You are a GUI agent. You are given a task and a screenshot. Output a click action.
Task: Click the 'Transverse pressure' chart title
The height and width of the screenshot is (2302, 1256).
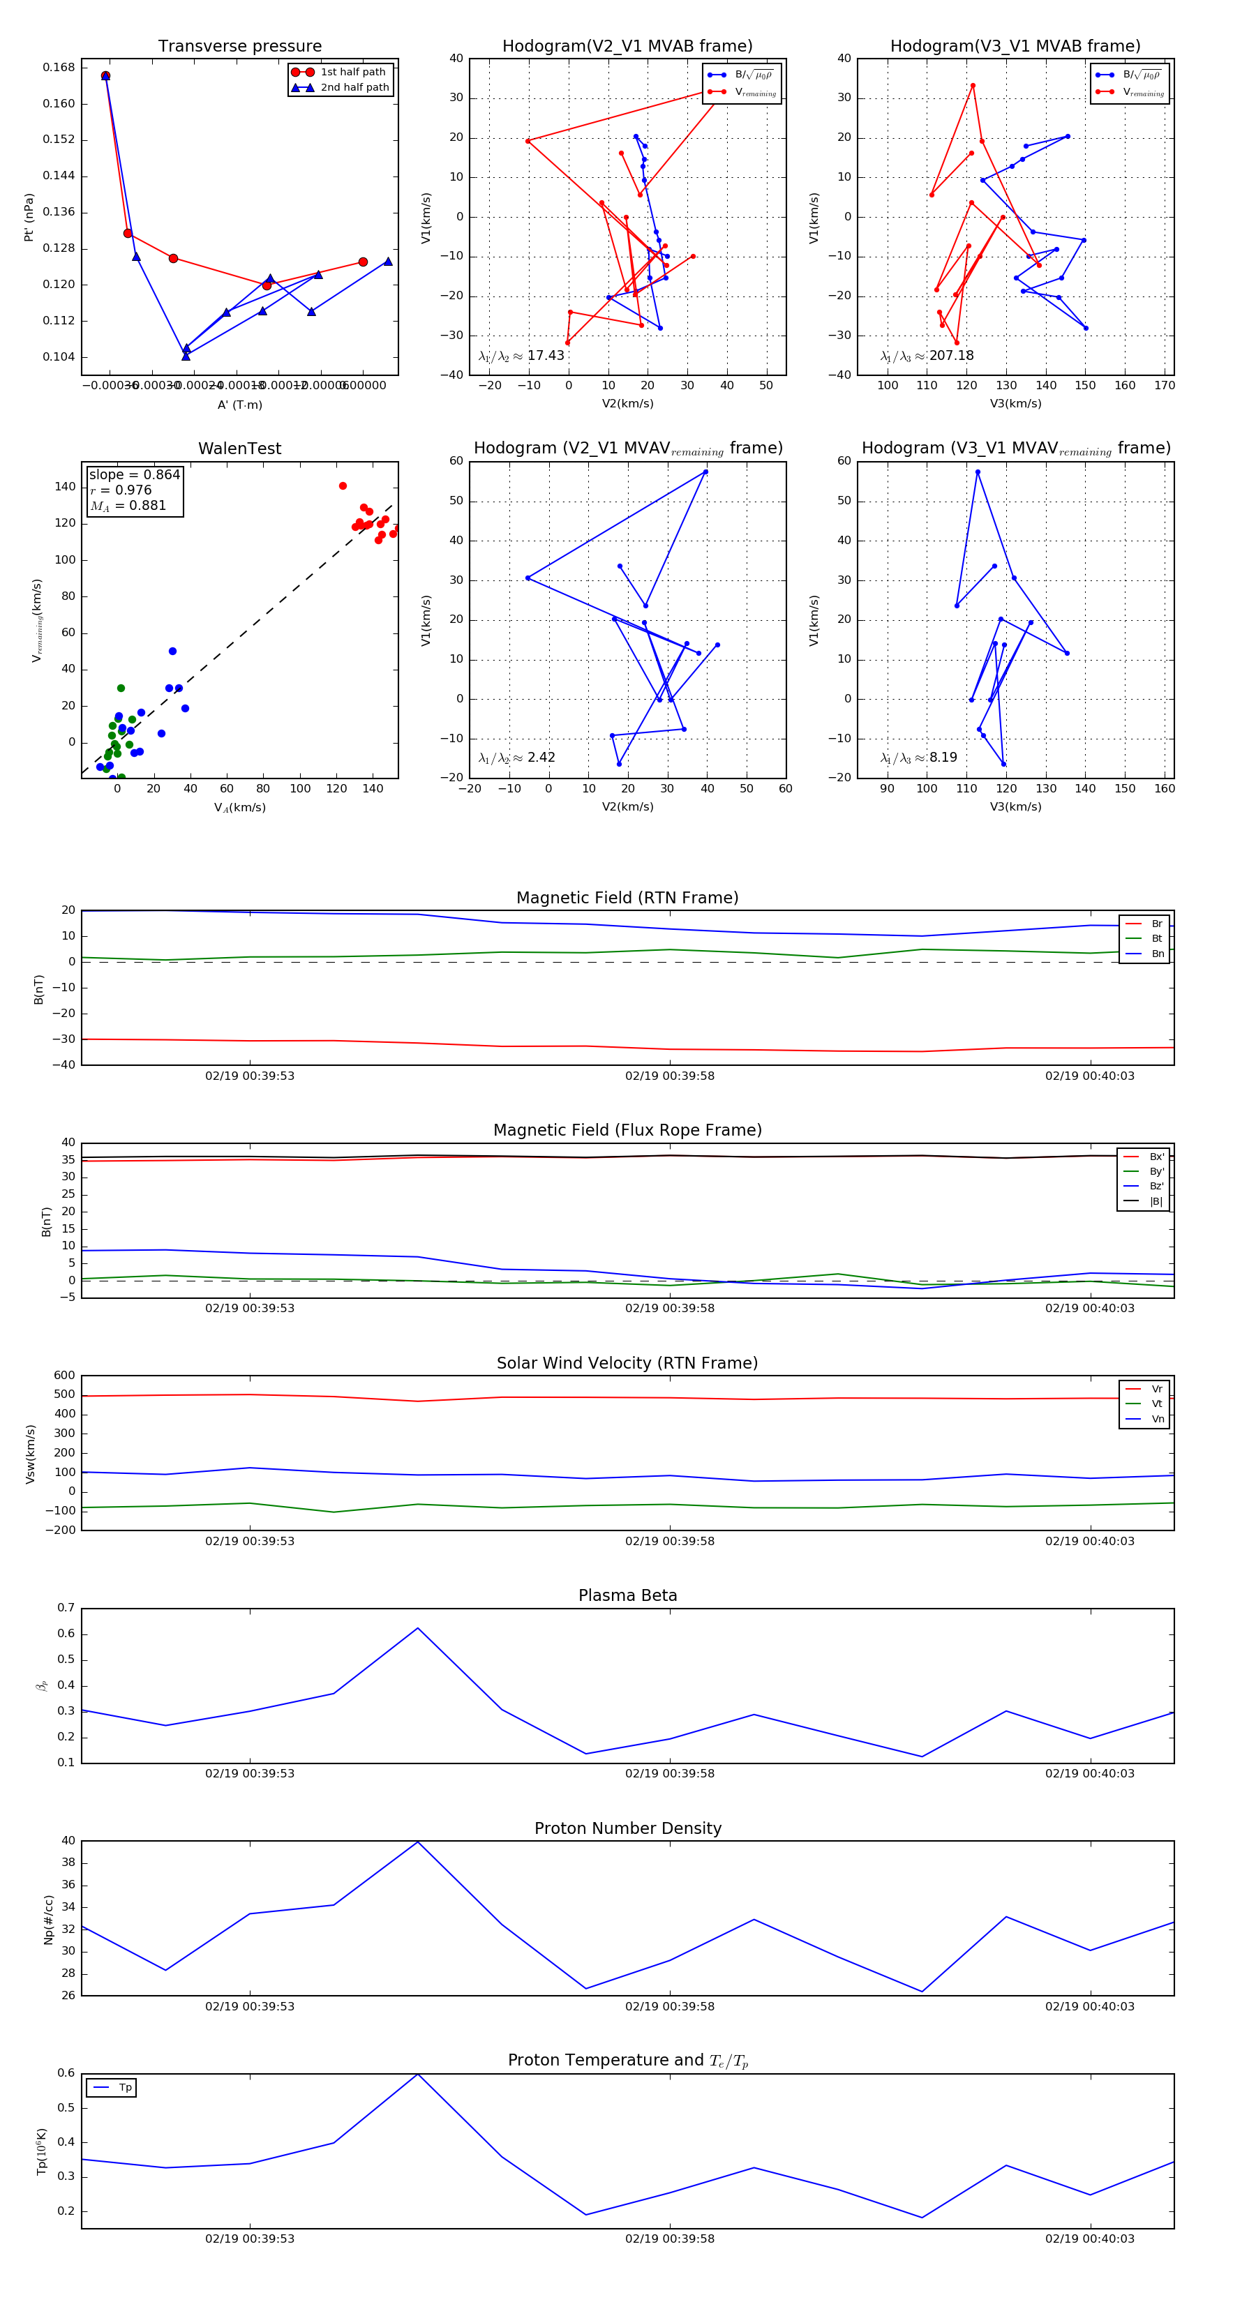coord(239,47)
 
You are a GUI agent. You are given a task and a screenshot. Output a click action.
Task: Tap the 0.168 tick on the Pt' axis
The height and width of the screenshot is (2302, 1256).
coord(59,68)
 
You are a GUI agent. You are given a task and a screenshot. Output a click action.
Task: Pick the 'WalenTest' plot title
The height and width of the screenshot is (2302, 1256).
coord(239,449)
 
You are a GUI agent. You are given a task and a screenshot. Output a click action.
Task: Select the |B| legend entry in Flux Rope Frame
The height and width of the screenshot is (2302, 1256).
coord(1155,1202)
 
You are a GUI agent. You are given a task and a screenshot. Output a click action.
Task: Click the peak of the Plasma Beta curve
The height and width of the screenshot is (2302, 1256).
coord(417,1628)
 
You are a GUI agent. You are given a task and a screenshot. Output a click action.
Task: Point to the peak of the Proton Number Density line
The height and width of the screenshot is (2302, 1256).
coord(417,1842)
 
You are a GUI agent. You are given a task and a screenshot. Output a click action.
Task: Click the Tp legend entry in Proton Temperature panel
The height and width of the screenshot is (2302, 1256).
coord(124,2088)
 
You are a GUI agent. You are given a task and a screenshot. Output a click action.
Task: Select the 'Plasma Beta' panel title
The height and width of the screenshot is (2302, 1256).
coord(627,1596)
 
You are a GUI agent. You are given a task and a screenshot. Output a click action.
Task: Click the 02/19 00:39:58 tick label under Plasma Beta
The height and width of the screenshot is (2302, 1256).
coord(670,1774)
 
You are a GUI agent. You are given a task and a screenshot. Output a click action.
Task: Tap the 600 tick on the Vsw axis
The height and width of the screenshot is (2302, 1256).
coord(64,1376)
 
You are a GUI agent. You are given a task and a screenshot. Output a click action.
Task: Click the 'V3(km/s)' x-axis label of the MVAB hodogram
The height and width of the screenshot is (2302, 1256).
coord(1015,404)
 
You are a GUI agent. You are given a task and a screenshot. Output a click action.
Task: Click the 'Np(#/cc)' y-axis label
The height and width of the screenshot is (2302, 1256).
coord(49,1920)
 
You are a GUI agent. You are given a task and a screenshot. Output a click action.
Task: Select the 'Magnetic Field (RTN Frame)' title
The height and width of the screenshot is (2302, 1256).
coord(627,898)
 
